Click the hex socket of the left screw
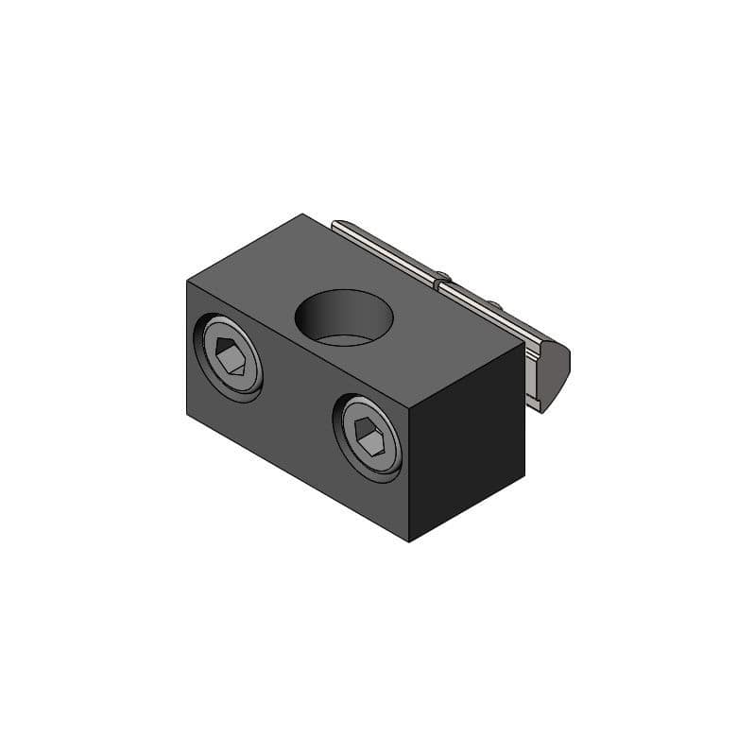(229, 357)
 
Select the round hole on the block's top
(344, 316)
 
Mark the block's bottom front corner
(408, 541)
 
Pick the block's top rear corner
(302, 214)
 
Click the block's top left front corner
(187, 282)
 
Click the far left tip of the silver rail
(334, 223)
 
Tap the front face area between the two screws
(298, 397)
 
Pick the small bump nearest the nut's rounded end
(492, 304)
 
